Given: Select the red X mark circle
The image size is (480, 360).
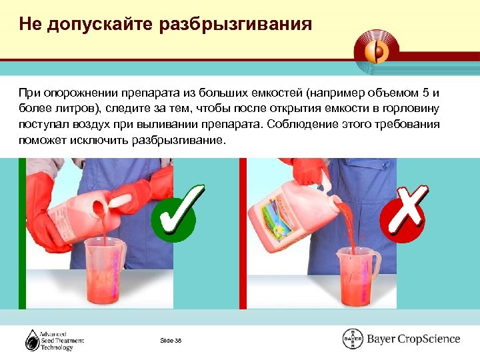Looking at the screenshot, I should click(x=403, y=212).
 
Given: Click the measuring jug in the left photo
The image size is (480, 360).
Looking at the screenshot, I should click(x=103, y=273).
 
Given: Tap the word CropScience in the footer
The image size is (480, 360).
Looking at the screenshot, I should click(x=429, y=339).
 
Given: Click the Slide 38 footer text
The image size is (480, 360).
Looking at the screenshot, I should click(x=171, y=341).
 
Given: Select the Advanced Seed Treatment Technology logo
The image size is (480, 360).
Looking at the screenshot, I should click(x=55, y=340).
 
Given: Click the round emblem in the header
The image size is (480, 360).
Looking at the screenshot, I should click(x=378, y=49).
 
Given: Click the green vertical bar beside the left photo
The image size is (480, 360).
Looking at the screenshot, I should click(x=22, y=233).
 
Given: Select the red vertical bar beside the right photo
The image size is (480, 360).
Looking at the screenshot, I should click(x=243, y=233).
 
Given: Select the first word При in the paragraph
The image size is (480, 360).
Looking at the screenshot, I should click(x=29, y=91).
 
